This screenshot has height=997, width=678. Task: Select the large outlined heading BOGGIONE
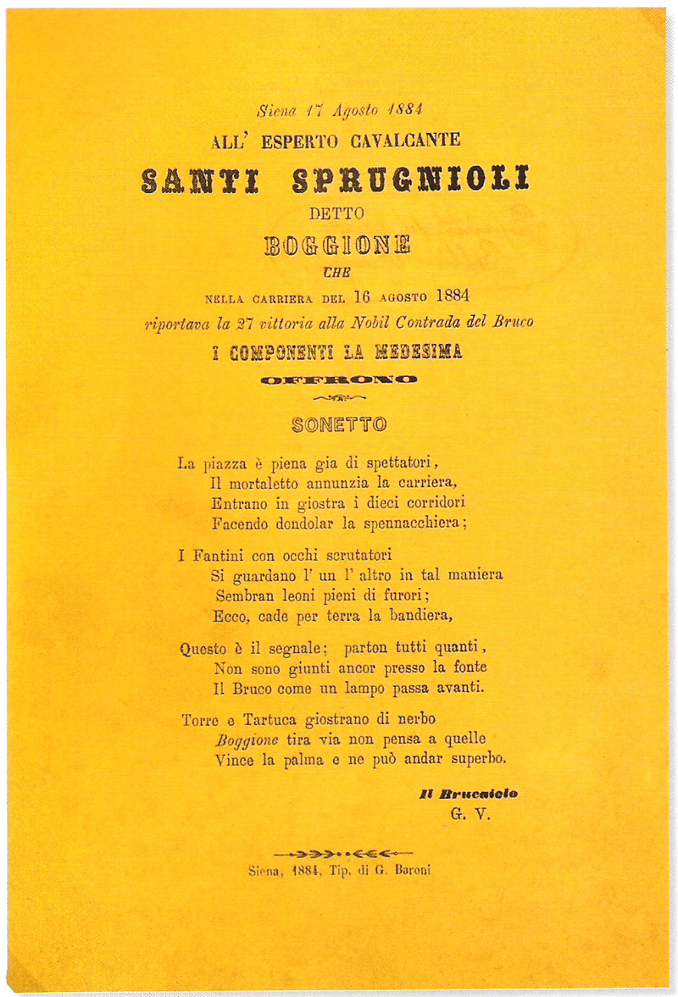pyautogui.click(x=337, y=246)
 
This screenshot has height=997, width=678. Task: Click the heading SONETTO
pyautogui.click(x=339, y=424)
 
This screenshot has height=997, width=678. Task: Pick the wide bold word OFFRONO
pyautogui.click(x=338, y=379)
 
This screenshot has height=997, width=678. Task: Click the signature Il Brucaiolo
pyautogui.click(x=468, y=794)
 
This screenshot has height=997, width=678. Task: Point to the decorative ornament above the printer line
pyautogui.click(x=338, y=851)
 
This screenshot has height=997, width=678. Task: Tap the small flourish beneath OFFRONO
pyautogui.click(x=338, y=396)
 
